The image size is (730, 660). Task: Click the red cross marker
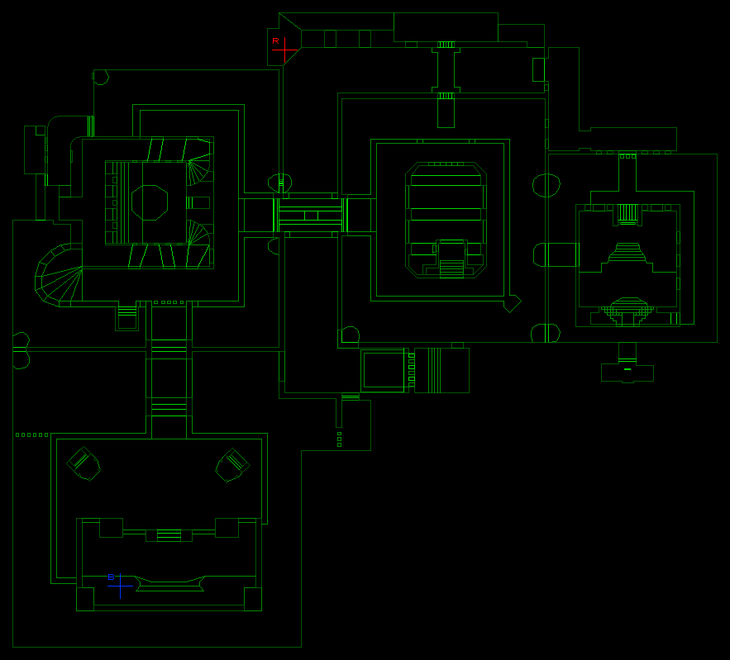coord(284,50)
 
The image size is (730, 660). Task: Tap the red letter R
coord(275,41)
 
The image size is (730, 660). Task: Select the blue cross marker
coord(120,586)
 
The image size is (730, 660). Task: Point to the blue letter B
coord(111,577)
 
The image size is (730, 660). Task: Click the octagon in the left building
coord(150,202)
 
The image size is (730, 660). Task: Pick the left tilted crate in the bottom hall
coord(83,463)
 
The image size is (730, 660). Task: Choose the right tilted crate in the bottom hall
coord(232,465)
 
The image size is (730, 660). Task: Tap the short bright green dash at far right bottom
coord(627,369)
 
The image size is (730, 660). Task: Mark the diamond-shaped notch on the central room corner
coord(513,304)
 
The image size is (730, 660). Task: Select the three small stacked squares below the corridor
coord(340,439)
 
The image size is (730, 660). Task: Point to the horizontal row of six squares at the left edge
coord(31,434)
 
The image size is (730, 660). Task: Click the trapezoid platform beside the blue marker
coord(170,584)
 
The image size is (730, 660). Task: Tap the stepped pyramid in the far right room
coord(627,252)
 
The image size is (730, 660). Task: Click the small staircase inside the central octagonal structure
coord(451,268)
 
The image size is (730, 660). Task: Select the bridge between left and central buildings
coord(310,216)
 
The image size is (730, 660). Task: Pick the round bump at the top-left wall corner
coord(101,77)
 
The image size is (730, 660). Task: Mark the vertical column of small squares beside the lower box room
coord(412,370)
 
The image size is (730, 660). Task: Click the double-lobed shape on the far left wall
coord(21,351)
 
